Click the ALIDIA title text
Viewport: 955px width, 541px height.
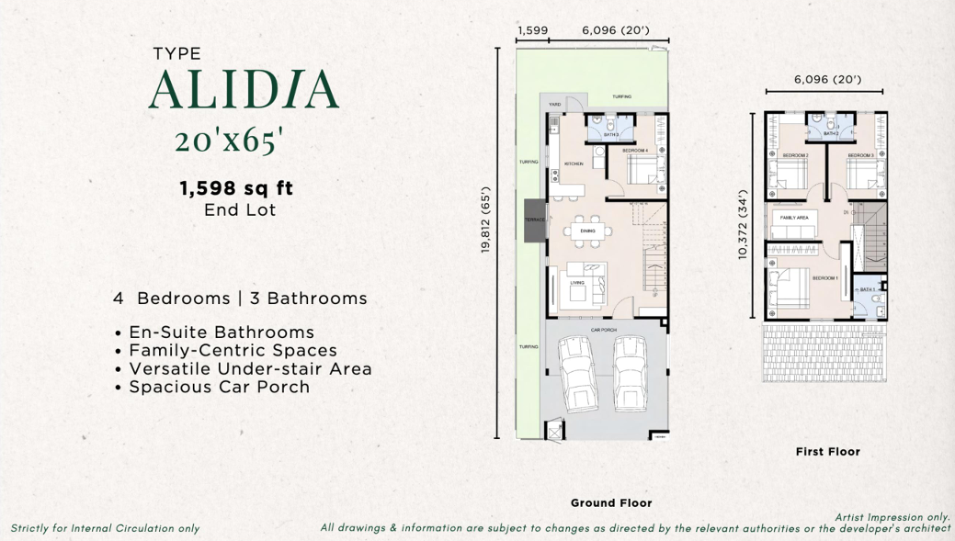click(244, 89)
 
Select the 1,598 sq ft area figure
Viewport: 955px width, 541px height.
click(236, 188)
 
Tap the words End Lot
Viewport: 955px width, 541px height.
click(239, 209)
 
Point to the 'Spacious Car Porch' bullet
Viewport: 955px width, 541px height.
click(219, 387)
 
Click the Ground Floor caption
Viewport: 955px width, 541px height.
click(611, 502)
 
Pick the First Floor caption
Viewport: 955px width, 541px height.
click(827, 451)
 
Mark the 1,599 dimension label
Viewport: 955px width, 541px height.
click(532, 30)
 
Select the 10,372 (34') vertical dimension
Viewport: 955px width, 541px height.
click(744, 225)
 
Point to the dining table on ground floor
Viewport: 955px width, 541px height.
click(588, 231)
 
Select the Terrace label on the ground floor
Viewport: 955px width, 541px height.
click(535, 220)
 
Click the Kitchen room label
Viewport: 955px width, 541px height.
click(573, 164)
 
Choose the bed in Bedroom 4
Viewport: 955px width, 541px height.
click(642, 169)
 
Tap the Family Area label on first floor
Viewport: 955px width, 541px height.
click(793, 217)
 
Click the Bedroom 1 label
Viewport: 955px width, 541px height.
click(824, 277)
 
